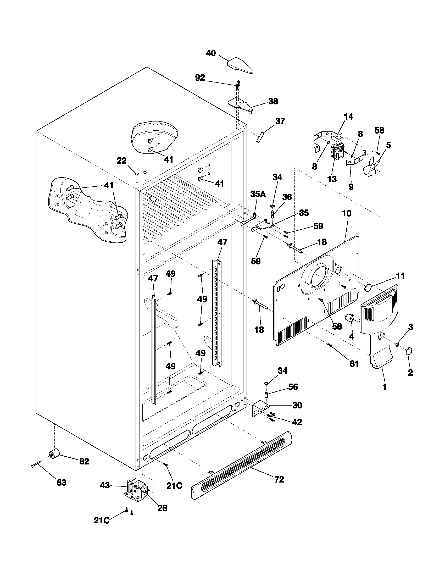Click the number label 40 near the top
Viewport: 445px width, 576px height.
tap(211, 53)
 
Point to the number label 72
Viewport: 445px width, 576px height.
tap(279, 479)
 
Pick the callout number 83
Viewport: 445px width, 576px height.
tap(61, 483)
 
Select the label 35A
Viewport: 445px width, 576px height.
tap(258, 194)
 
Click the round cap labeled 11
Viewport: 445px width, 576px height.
tap(368, 288)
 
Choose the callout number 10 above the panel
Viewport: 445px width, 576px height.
tap(347, 214)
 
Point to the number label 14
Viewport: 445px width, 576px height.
tap(348, 117)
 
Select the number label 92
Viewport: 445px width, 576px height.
tap(200, 78)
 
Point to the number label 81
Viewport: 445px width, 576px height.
tap(354, 364)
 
